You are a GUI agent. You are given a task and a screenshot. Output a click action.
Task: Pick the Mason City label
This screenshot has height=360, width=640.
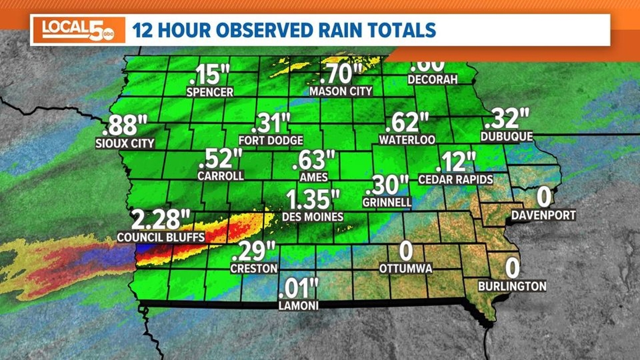coord(341,91)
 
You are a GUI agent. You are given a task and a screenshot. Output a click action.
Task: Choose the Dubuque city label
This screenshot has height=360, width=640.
coord(506,136)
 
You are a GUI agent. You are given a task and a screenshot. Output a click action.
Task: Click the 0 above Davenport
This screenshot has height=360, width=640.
coord(543,197)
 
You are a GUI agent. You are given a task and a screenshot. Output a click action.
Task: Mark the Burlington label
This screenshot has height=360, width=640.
coord(512,286)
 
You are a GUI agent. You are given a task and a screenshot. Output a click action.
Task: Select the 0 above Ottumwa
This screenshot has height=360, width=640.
coord(405,250)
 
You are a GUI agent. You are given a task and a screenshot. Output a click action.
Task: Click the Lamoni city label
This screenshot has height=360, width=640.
coord(298,306)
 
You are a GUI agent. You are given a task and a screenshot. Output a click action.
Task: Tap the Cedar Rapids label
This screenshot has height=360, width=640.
coord(455,180)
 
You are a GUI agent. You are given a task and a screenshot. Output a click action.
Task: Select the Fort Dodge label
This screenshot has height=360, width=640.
coord(271,140)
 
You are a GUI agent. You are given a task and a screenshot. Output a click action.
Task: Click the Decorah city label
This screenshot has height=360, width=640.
coord(432,79)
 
